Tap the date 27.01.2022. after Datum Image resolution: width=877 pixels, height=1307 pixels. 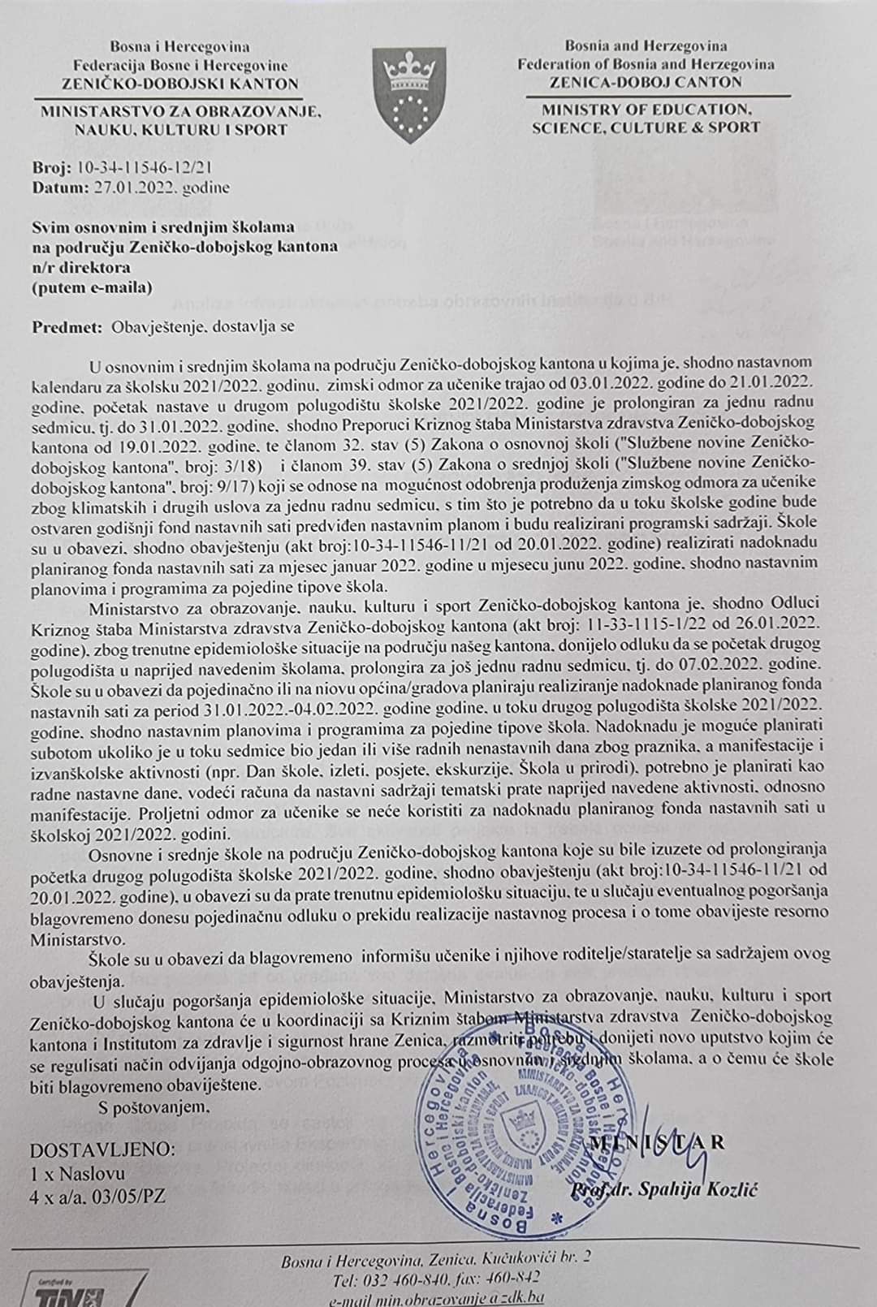(138, 188)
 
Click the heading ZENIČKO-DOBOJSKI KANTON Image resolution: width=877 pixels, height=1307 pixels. (180, 84)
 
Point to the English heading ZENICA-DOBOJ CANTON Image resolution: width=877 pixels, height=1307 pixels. (645, 82)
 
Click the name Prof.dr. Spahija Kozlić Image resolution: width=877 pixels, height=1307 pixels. (663, 1189)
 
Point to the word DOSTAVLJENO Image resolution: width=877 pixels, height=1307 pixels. (102, 1150)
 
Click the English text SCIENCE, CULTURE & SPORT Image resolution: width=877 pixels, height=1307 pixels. (646, 127)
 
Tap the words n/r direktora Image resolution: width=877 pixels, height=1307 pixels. (81, 267)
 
